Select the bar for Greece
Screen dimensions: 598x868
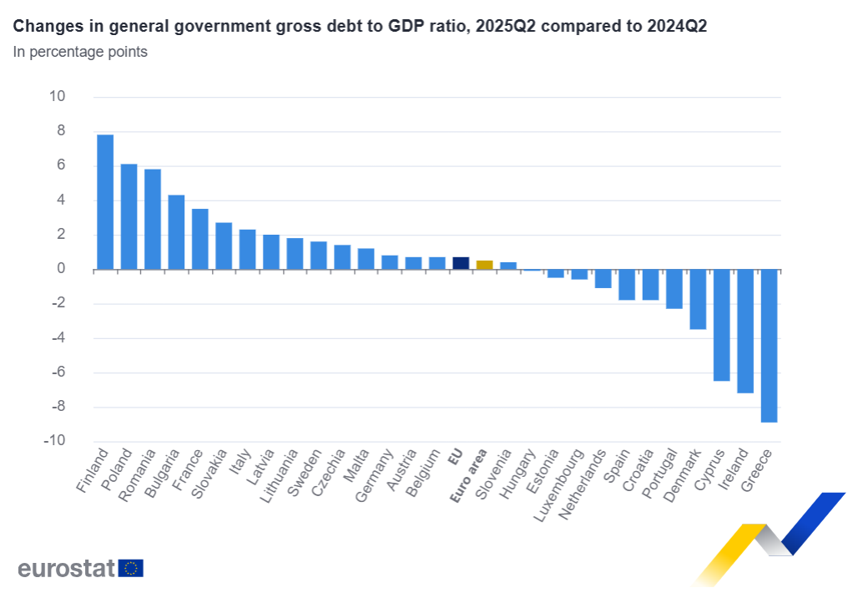[769, 346]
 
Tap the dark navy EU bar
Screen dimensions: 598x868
[461, 263]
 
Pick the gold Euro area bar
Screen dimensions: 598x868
[484, 265]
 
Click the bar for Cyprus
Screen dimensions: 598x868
[721, 325]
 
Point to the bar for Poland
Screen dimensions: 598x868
[129, 216]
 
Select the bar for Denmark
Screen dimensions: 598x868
[698, 299]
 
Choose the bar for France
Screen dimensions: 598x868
[199, 239]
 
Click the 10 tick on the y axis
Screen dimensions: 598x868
[57, 96]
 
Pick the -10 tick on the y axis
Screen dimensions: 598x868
[54, 441]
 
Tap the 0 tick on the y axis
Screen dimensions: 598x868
[61, 269]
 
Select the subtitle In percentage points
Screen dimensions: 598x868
[80, 52]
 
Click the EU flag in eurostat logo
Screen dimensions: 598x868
[131, 568]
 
